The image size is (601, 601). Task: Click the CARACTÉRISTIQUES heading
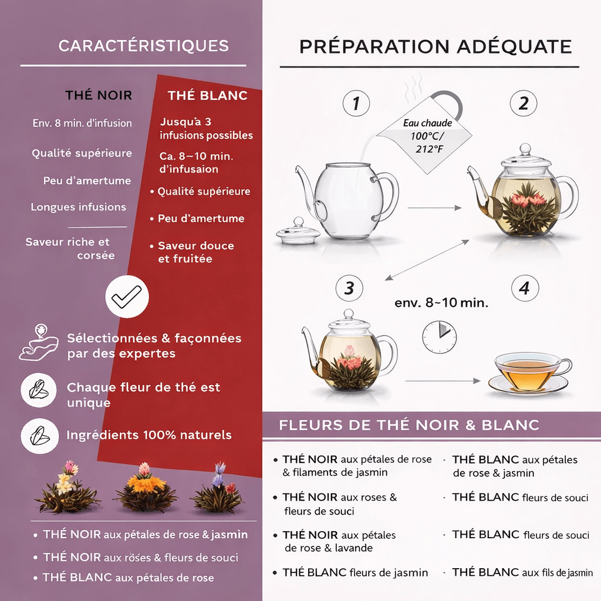[144, 46]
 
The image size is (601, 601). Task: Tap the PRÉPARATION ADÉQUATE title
[435, 46]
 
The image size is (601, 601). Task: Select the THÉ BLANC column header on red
[207, 95]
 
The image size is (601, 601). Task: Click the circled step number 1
[356, 103]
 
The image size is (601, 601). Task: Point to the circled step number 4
[525, 288]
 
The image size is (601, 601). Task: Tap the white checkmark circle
[127, 296]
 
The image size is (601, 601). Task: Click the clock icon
[439, 337]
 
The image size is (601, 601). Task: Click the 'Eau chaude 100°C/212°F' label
[427, 136]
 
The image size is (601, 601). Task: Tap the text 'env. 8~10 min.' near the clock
[441, 303]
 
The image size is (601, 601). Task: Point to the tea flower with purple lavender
[217, 489]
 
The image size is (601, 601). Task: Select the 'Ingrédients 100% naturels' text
[149, 435]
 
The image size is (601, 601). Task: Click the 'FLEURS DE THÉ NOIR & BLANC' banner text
[409, 425]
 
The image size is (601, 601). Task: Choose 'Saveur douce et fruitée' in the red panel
[196, 252]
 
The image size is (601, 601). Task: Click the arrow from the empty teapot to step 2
[434, 208]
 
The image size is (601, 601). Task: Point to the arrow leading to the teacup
[443, 381]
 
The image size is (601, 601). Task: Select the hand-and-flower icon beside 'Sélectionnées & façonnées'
[39, 343]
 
